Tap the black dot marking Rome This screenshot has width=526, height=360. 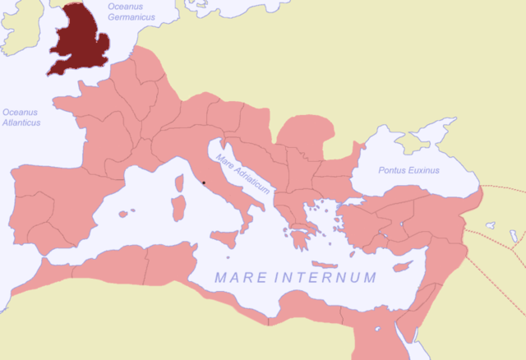pyautogui.click(x=203, y=183)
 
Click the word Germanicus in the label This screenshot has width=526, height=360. pyautogui.click(x=132, y=17)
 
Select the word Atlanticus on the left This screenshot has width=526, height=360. pyautogui.click(x=21, y=122)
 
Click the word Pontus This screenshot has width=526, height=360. pyautogui.click(x=393, y=170)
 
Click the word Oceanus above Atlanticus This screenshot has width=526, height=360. pyautogui.click(x=20, y=112)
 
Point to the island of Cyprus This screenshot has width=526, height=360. pyautogui.click(x=402, y=267)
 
